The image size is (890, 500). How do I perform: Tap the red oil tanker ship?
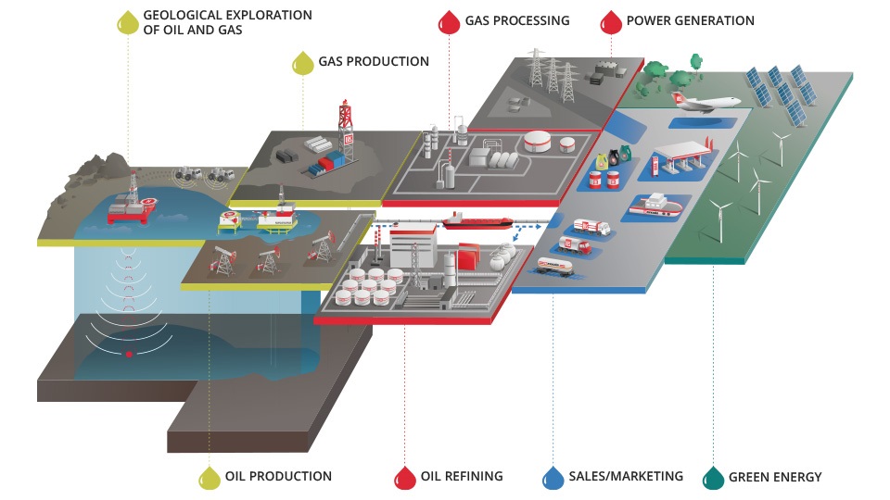pyautogui.click(x=477, y=220)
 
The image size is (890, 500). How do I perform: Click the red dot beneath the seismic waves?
pyautogui.click(x=129, y=355)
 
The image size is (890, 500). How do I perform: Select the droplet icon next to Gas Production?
pyautogui.click(x=303, y=63)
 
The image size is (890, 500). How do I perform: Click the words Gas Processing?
pyautogui.click(x=516, y=20)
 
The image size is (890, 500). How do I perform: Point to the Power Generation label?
pyautogui.click(x=690, y=20)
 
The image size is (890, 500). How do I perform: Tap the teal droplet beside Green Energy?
pyautogui.click(x=714, y=477)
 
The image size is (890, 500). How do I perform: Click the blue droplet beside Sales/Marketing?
pyautogui.click(x=553, y=477)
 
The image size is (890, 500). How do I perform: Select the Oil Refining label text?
pyautogui.click(x=461, y=476)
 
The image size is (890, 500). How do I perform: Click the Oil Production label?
pyautogui.click(x=278, y=476)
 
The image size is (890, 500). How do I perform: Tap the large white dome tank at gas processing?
pyautogui.click(x=538, y=140)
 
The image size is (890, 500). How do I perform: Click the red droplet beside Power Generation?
pyautogui.click(x=611, y=21)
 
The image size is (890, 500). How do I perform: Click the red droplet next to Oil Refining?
pyautogui.click(x=405, y=477)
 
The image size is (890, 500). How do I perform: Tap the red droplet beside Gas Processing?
pyautogui.click(x=450, y=21)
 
